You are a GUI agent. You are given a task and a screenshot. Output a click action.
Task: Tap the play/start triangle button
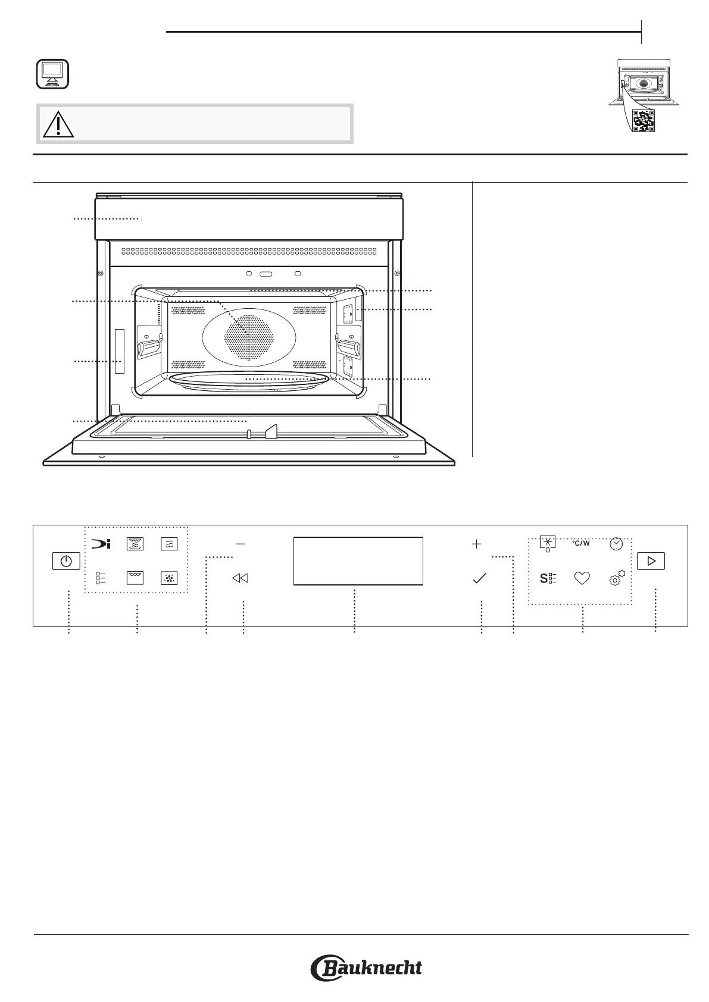(x=650, y=561)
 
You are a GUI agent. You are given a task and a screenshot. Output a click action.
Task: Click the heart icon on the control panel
(x=582, y=578)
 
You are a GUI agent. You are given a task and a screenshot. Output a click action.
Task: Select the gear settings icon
(x=617, y=577)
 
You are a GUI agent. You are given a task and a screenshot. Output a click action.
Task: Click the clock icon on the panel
(x=616, y=543)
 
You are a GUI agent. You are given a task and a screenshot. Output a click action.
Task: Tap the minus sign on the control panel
(x=241, y=544)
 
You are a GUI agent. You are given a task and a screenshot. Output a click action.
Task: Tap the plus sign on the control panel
(x=476, y=544)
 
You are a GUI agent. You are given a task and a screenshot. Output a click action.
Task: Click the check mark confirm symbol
(x=479, y=578)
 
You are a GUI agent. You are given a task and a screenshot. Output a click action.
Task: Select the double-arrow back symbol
(x=240, y=578)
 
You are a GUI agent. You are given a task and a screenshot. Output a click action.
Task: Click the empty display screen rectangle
(x=358, y=561)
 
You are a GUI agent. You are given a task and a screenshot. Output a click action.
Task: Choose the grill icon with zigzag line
(x=135, y=578)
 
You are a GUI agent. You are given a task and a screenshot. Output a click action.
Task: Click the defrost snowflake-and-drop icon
(x=547, y=544)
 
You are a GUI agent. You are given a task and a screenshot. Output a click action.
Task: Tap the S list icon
(x=548, y=578)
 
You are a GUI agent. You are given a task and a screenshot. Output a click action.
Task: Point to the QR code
(x=643, y=121)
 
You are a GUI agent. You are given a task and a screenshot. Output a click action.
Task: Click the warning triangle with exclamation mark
(x=58, y=124)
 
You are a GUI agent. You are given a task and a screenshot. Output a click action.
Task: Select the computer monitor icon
(x=52, y=74)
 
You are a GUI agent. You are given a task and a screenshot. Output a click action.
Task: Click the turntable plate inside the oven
(x=248, y=381)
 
